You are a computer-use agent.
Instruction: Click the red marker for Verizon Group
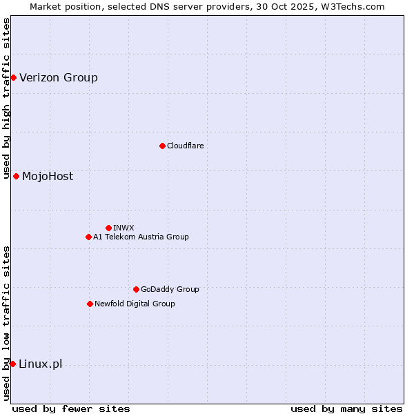pos(13,77)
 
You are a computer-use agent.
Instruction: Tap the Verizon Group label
pos(59,77)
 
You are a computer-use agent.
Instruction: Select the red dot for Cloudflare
pos(162,146)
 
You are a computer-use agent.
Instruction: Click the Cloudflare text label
pos(185,146)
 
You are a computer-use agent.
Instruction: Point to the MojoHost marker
pos(16,176)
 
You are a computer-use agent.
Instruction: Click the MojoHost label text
pos(48,176)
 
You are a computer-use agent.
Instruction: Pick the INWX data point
pos(108,228)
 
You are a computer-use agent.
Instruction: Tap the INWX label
pos(124,228)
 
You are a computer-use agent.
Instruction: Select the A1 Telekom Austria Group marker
pos(88,237)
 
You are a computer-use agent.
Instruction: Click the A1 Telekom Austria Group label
pos(141,237)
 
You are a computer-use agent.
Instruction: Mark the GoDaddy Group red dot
pos(136,289)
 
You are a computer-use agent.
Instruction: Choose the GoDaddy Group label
pos(170,289)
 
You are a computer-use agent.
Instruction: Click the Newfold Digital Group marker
pos(90,304)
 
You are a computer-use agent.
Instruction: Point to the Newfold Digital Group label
pos(135,304)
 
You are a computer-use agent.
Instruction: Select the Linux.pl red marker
pos(12,364)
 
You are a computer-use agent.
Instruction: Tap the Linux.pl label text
pos(40,364)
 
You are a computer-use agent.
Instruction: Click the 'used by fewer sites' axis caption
pos(71,408)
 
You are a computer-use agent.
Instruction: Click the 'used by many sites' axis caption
pos(346,408)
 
